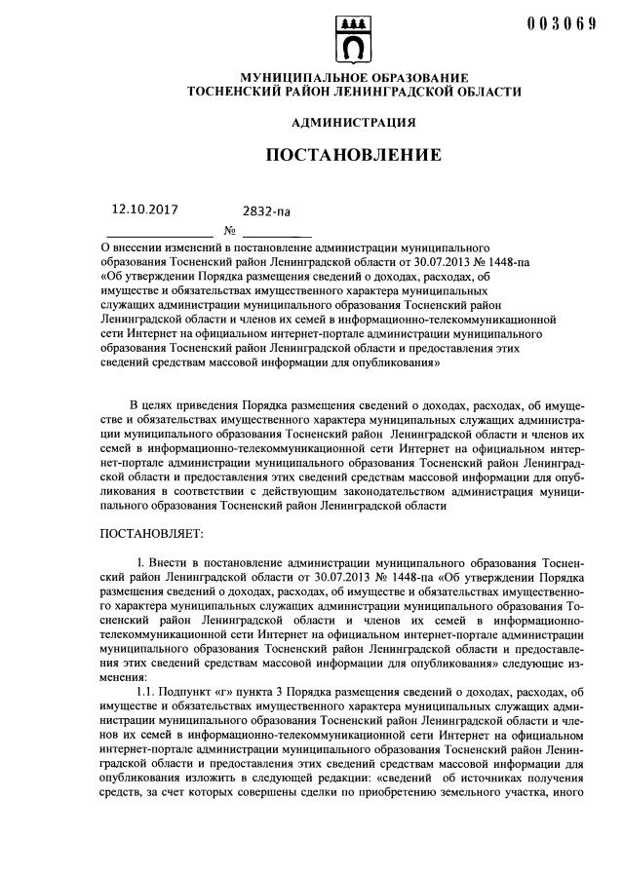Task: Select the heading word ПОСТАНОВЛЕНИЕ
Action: point(354,155)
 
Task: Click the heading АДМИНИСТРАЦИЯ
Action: point(354,123)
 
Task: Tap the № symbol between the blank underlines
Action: point(230,231)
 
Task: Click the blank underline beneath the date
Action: point(159,236)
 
